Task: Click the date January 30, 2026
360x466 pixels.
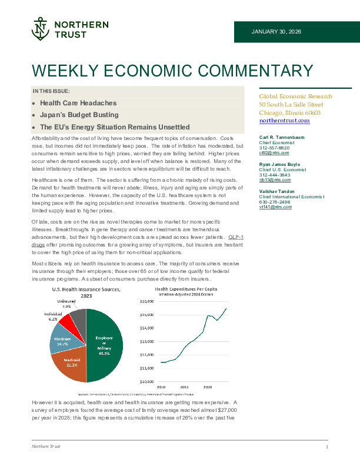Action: coord(276,31)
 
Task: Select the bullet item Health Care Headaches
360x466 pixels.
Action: coord(78,103)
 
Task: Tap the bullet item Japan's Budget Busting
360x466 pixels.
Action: coord(79,115)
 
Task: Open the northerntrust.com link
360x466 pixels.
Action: coord(284,121)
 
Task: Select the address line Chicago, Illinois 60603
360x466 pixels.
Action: coord(289,112)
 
